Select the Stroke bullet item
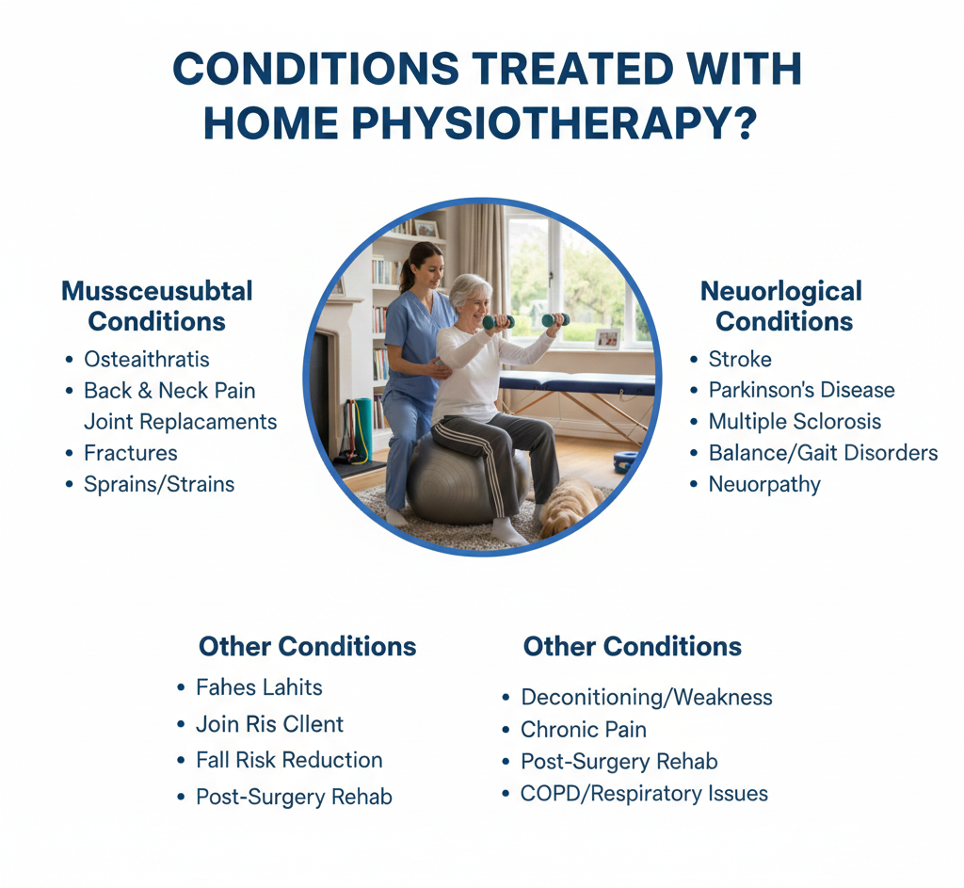pyautogui.click(x=740, y=359)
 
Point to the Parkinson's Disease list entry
pyautogui.click(x=801, y=390)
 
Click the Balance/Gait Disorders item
pyautogui.click(x=823, y=453)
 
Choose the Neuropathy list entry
pyautogui.click(x=764, y=484)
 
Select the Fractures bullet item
pyautogui.click(x=130, y=453)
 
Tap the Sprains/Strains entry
pyautogui.click(x=159, y=484)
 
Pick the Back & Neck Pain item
pyautogui.click(x=169, y=390)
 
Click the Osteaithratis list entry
pyautogui.click(x=146, y=359)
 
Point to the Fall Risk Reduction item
pyautogui.click(x=289, y=760)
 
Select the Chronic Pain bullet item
pyautogui.click(x=584, y=729)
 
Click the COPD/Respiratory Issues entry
pyautogui.click(x=644, y=793)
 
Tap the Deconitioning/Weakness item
pyautogui.click(x=646, y=697)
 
